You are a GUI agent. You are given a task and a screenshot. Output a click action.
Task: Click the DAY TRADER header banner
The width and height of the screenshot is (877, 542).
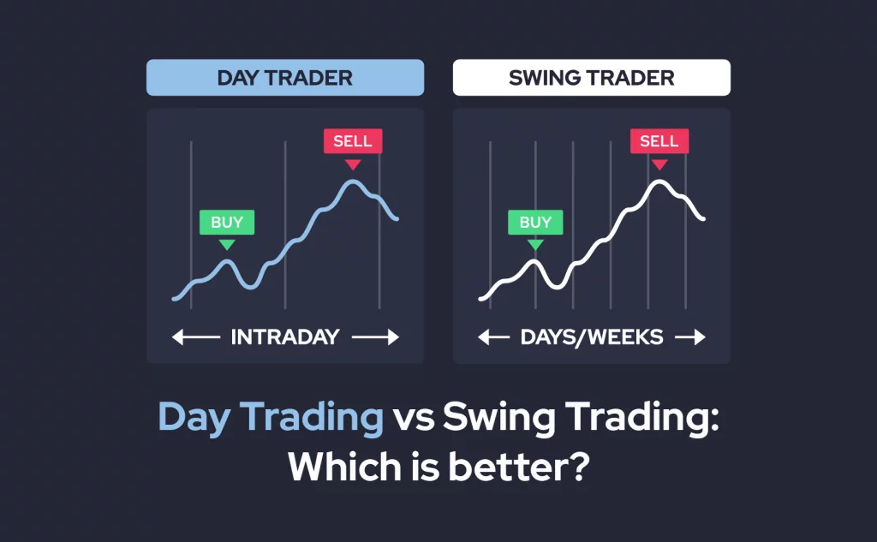(284, 78)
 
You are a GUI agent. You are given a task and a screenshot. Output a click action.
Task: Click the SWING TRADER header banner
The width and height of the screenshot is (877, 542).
(591, 78)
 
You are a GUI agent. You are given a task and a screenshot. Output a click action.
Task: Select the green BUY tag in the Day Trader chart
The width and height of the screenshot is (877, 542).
(227, 223)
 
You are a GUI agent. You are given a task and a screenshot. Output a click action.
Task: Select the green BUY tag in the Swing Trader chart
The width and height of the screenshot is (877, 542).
(535, 223)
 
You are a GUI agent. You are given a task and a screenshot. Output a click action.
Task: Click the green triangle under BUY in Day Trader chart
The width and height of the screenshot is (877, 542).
(227, 245)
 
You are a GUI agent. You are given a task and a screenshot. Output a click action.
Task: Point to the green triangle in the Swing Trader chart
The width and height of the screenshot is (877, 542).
(535, 245)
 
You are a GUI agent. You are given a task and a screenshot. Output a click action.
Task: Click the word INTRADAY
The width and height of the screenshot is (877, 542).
(285, 337)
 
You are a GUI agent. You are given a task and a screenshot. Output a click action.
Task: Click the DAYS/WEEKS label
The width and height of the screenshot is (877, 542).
(592, 337)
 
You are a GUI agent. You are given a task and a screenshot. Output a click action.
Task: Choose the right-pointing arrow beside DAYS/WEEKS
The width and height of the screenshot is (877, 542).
(689, 337)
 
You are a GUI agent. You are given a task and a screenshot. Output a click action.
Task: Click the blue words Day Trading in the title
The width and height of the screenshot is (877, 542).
(271, 418)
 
